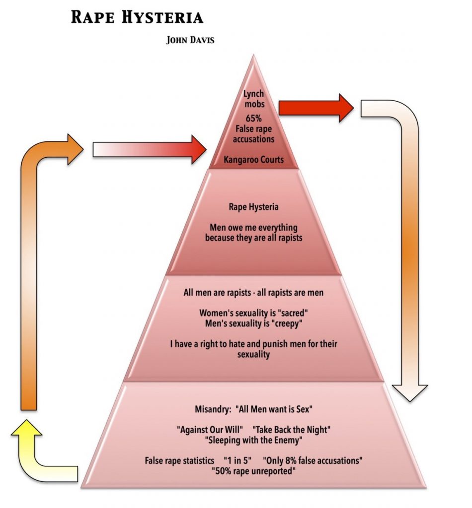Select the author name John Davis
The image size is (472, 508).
pos(190,40)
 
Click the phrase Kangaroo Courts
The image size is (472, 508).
pos(254,160)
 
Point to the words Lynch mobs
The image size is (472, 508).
pos(254,99)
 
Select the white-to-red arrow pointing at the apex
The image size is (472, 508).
pos(149,148)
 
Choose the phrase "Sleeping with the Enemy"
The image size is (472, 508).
pos(254,439)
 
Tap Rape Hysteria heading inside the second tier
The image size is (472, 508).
pos(254,207)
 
